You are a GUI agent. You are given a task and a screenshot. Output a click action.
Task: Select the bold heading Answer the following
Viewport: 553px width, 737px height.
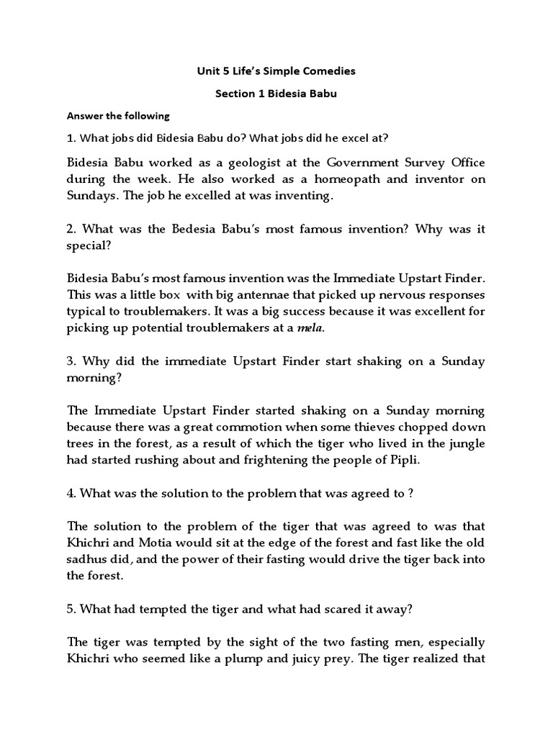(118, 116)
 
